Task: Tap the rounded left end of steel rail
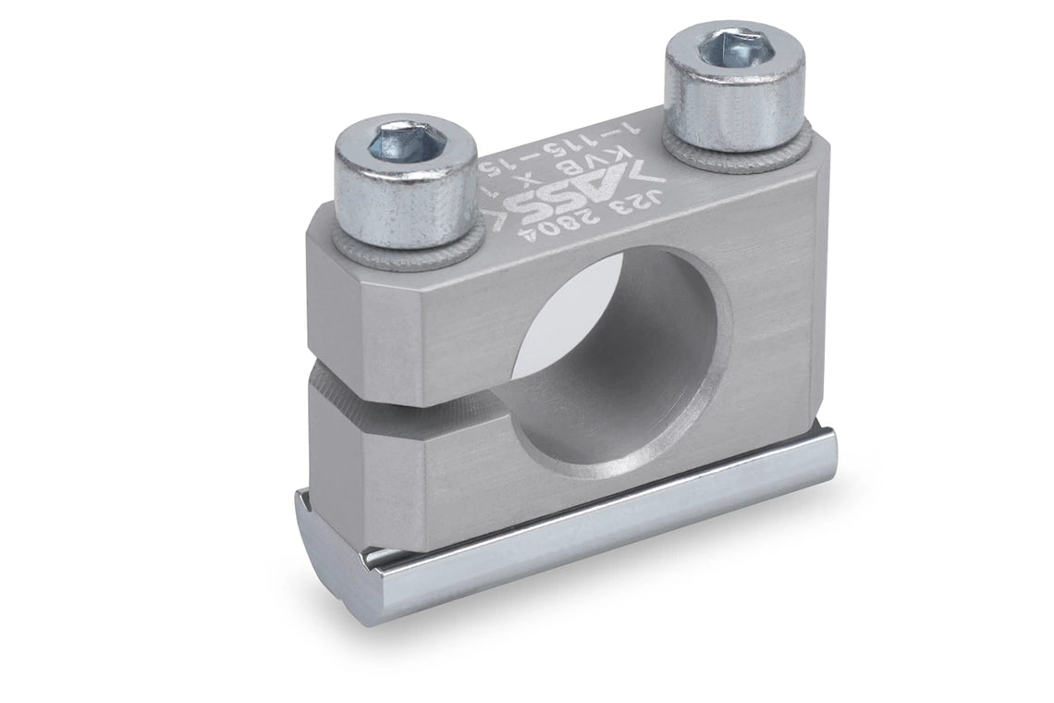coord(324,546)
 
